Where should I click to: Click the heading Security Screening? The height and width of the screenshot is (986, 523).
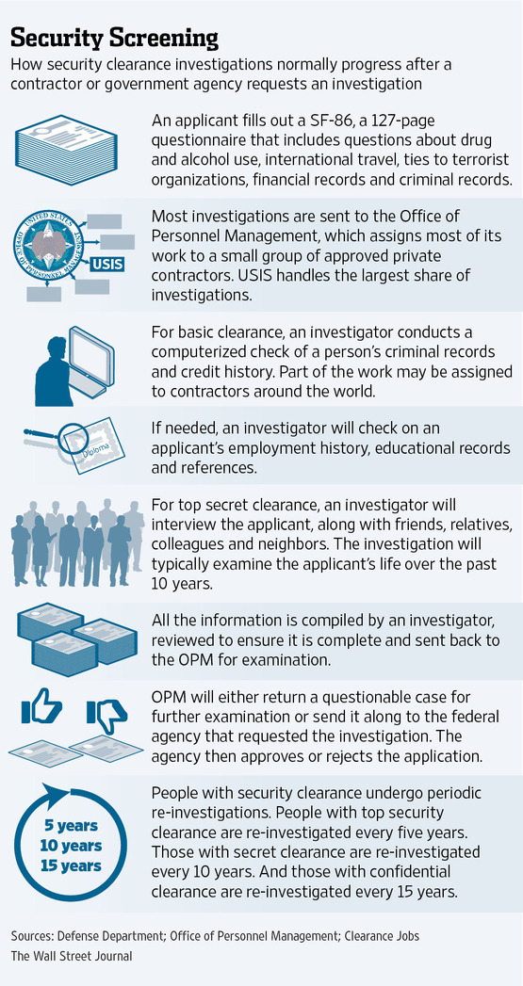coord(115,38)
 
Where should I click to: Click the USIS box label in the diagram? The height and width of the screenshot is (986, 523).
coord(107,264)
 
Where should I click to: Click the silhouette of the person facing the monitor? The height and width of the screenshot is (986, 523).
coord(55,372)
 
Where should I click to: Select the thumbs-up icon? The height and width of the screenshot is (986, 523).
coord(41,708)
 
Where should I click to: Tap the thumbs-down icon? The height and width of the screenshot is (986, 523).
coord(107,715)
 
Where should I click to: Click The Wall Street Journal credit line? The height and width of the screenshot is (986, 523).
coord(71,955)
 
